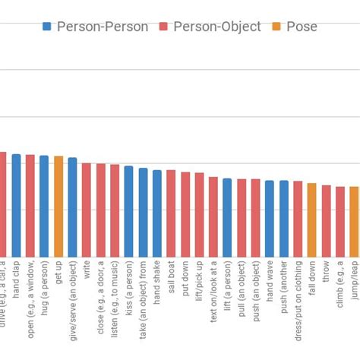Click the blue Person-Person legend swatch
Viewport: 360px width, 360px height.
[x=47, y=27]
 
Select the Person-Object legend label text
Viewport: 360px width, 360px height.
[x=216, y=27]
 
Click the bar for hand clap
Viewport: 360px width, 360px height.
[x=16, y=205]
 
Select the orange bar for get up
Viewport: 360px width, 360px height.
[x=58, y=206]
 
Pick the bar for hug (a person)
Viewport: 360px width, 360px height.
[x=44, y=206]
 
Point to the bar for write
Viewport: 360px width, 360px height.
[x=87, y=210]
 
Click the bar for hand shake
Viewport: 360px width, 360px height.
[x=156, y=213]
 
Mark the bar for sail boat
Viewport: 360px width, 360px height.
[x=171, y=213]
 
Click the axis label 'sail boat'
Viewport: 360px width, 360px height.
[x=172, y=280]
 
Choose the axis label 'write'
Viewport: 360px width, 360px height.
[x=87, y=272]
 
